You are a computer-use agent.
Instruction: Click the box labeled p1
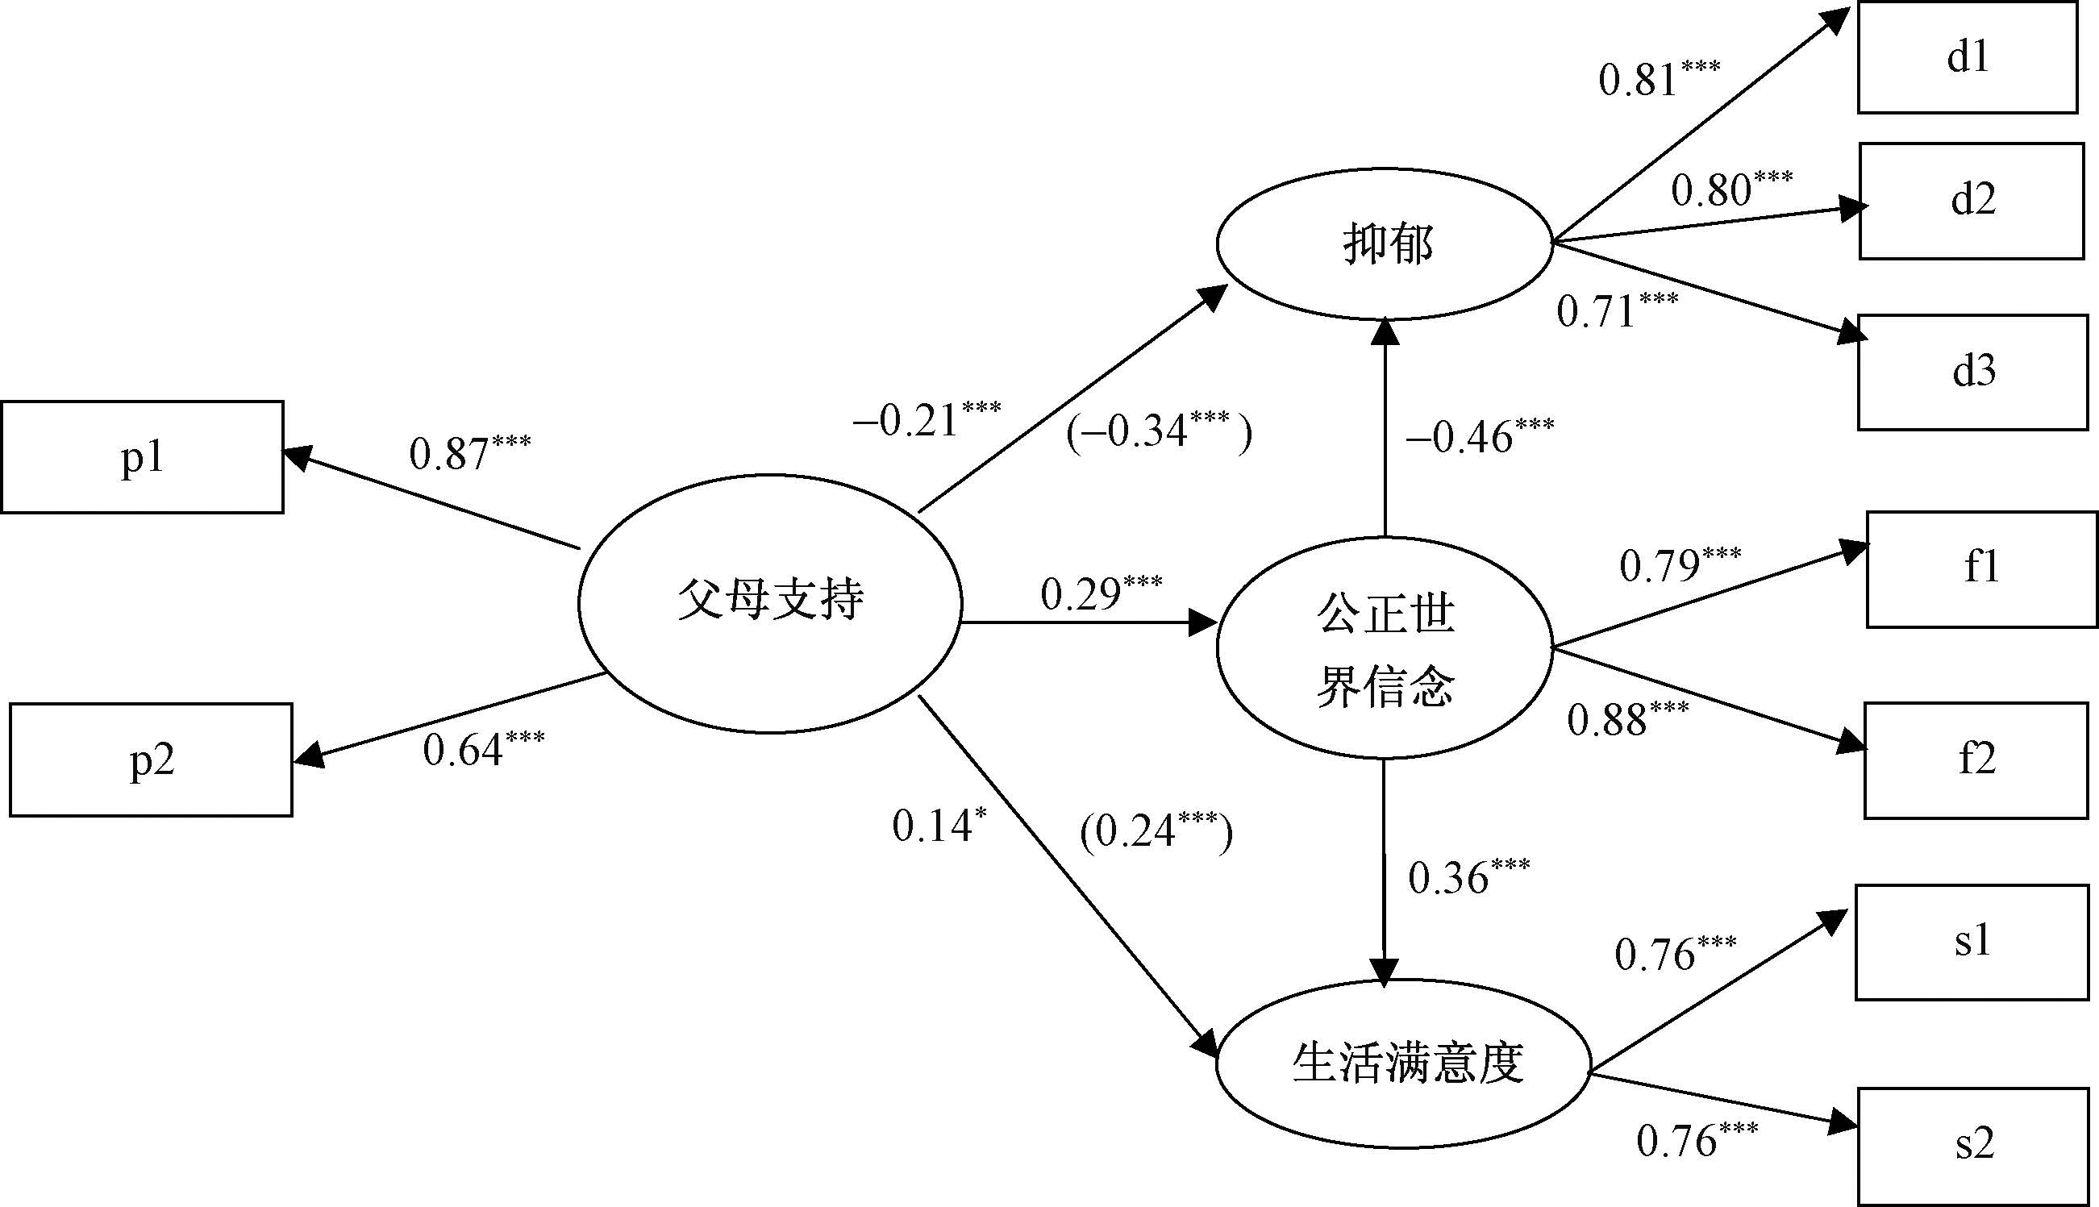142,457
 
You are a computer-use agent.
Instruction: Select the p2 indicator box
151,760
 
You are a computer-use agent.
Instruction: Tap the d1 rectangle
1968,57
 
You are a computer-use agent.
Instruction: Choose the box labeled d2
1972,201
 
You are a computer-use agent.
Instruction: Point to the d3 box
1972,372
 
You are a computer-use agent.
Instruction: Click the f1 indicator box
1981,568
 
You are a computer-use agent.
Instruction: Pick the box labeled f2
1976,760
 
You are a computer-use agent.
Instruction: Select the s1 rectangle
1972,943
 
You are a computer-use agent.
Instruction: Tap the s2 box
1972,1146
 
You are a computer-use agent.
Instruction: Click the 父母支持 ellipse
770,602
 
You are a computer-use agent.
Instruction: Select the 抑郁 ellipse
1385,243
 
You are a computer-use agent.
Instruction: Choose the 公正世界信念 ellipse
1385,647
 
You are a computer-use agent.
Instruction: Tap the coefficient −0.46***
1478,436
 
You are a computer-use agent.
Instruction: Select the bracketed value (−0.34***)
1158,431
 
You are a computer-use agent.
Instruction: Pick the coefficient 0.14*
939,825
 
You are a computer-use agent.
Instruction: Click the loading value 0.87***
469,452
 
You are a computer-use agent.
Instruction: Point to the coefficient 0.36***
1468,877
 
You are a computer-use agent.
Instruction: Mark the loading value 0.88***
1626,718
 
